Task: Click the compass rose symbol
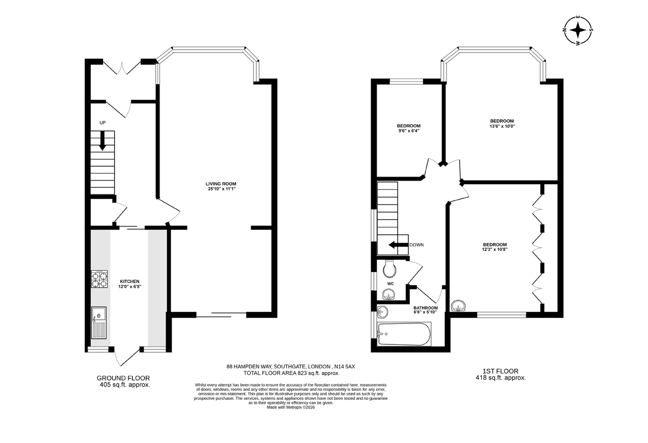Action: (x=579, y=30)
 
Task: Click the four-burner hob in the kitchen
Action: (x=100, y=279)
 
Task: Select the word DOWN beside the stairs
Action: (x=416, y=245)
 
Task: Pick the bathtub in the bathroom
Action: (x=405, y=334)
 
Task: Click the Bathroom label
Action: (x=426, y=308)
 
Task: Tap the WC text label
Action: (x=390, y=284)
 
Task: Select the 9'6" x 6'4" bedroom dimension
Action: (x=409, y=131)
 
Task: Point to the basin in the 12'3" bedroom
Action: (x=458, y=305)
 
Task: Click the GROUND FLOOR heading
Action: (x=123, y=378)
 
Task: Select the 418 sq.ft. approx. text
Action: (x=501, y=378)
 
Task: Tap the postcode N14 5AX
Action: (x=344, y=367)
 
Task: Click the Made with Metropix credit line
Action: (x=291, y=407)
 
